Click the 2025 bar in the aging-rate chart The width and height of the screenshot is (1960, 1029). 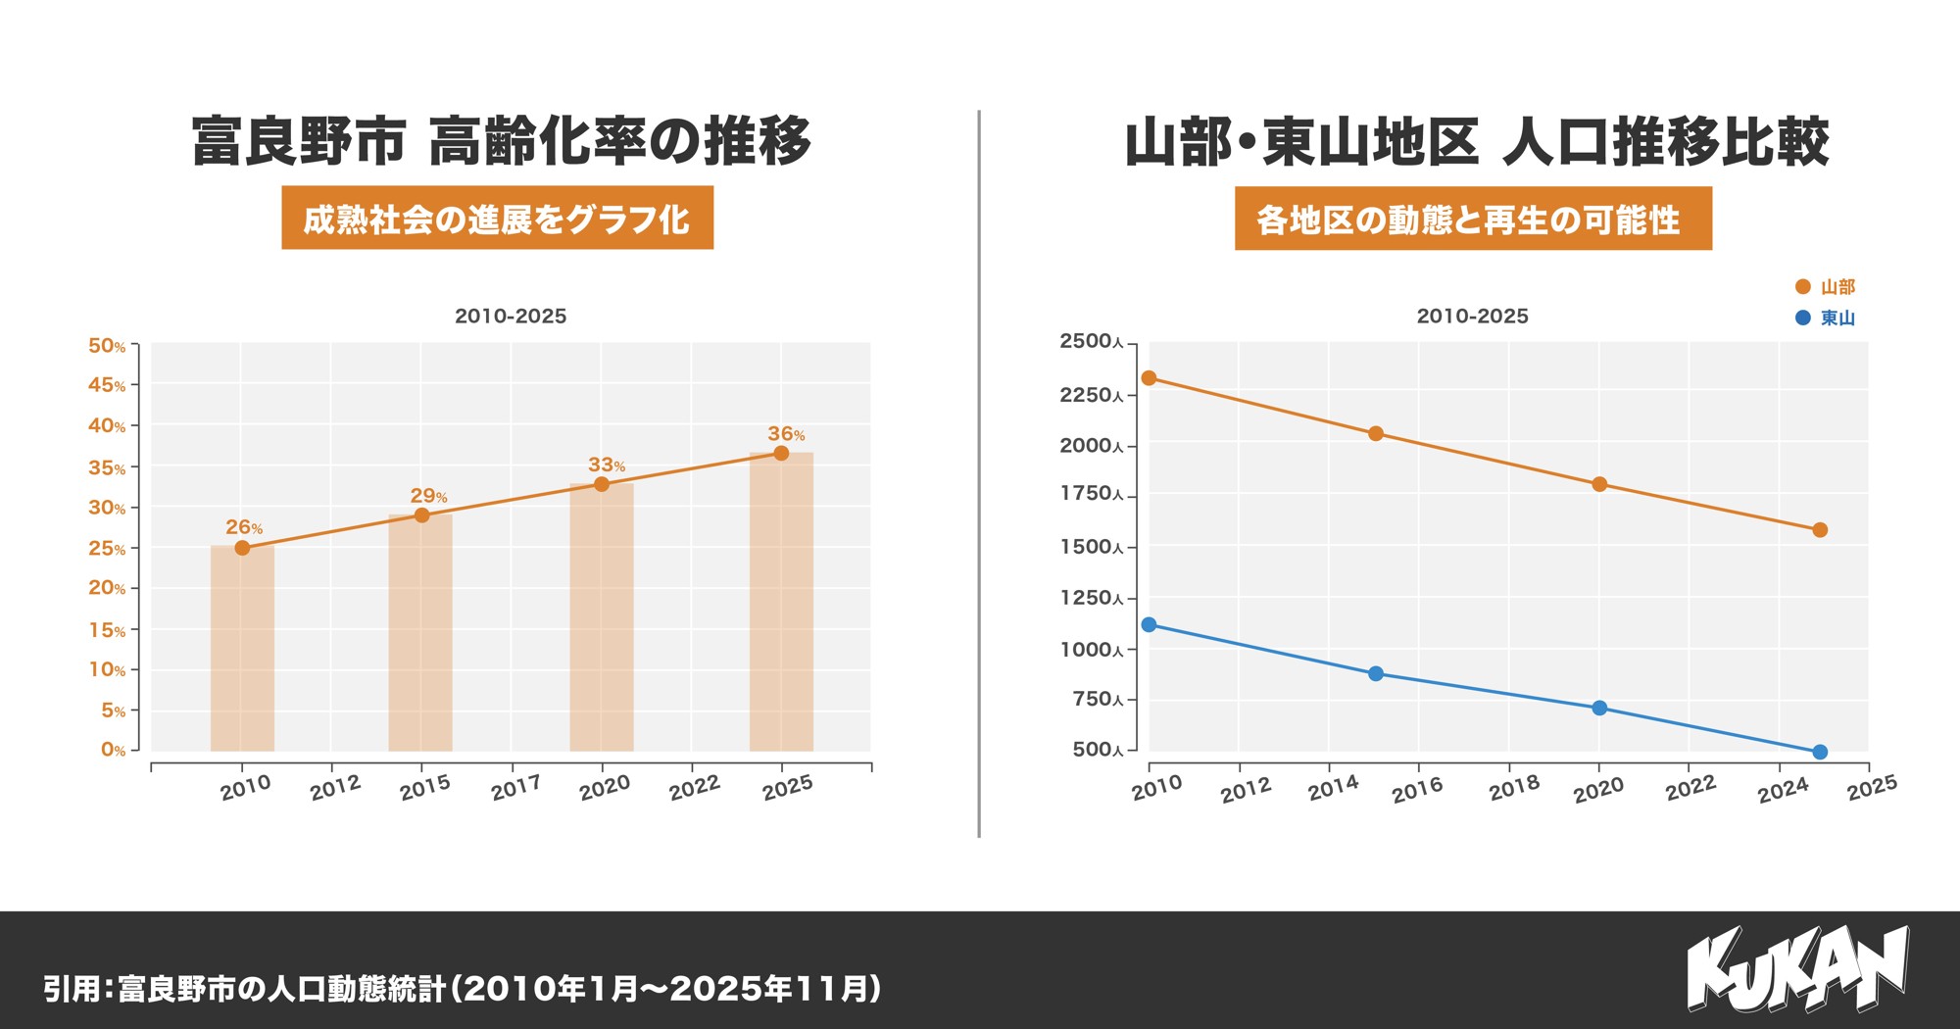click(x=781, y=602)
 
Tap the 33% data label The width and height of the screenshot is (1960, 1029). click(x=606, y=465)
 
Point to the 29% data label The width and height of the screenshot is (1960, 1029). click(x=428, y=496)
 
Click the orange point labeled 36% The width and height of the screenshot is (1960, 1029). click(x=781, y=453)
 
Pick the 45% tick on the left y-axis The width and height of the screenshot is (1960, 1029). click(x=107, y=385)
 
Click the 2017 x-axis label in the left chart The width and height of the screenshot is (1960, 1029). click(x=515, y=787)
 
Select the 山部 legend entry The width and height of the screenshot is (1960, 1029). click(x=1825, y=286)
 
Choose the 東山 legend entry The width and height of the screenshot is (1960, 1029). click(x=1825, y=318)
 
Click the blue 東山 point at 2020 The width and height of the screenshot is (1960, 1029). click(x=1599, y=708)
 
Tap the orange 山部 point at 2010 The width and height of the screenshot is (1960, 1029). click(x=1149, y=378)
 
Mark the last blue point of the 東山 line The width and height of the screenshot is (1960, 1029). click(x=1820, y=752)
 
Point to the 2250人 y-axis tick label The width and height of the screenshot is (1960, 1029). click(x=1091, y=395)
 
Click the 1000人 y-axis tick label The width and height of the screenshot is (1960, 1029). click(x=1091, y=650)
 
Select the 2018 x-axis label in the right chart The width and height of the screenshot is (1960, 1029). click(x=1514, y=788)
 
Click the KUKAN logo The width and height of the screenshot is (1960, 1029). click(x=1797, y=968)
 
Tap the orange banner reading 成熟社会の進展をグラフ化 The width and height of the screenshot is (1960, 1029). click(x=497, y=218)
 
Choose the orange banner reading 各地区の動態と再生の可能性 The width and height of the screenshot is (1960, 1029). click(x=1472, y=219)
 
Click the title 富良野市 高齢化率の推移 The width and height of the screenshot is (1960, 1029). click(x=501, y=141)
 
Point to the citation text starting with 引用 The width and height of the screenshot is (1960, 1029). click(x=462, y=988)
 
